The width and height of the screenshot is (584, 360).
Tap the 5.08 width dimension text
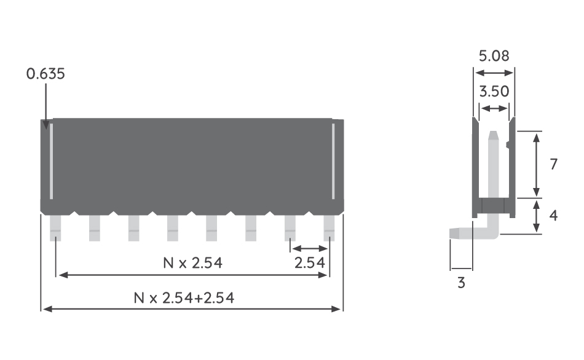pos(494,57)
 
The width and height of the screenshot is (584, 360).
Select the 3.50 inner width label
pos(494,92)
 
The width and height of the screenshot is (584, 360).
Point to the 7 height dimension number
pos(553,165)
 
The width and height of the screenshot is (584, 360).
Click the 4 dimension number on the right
pos(553,216)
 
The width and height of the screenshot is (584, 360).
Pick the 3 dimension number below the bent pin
pos(460,283)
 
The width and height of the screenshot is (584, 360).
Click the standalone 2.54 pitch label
pos(309,264)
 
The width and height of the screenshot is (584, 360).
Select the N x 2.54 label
pos(192,264)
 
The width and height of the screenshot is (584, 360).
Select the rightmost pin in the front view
pos(329,227)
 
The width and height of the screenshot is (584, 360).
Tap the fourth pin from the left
pos(173,227)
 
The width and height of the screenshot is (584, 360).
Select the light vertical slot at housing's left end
pos(51,161)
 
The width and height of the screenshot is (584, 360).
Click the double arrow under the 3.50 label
pos(494,109)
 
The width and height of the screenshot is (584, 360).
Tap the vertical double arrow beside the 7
pos(537,165)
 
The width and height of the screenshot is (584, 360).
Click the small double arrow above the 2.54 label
pos(309,249)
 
